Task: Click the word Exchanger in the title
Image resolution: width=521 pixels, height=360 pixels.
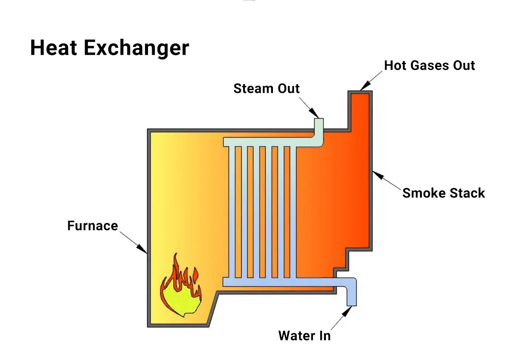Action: pos(135,48)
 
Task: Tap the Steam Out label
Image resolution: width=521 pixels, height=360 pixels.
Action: pos(266,88)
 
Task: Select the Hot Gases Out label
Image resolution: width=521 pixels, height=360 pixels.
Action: pos(429,65)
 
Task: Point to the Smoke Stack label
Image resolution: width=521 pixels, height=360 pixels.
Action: pos(443,193)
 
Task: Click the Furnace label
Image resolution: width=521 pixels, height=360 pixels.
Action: pos(92,226)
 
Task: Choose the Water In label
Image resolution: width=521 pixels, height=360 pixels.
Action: pos(304,336)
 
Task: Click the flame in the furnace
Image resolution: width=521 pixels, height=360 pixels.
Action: pos(180,290)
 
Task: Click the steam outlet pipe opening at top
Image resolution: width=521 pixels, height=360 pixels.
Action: pos(319,120)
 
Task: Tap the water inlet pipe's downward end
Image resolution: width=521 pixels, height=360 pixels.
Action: pos(351,302)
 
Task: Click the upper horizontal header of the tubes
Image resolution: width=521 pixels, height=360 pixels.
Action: pos(267,142)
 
